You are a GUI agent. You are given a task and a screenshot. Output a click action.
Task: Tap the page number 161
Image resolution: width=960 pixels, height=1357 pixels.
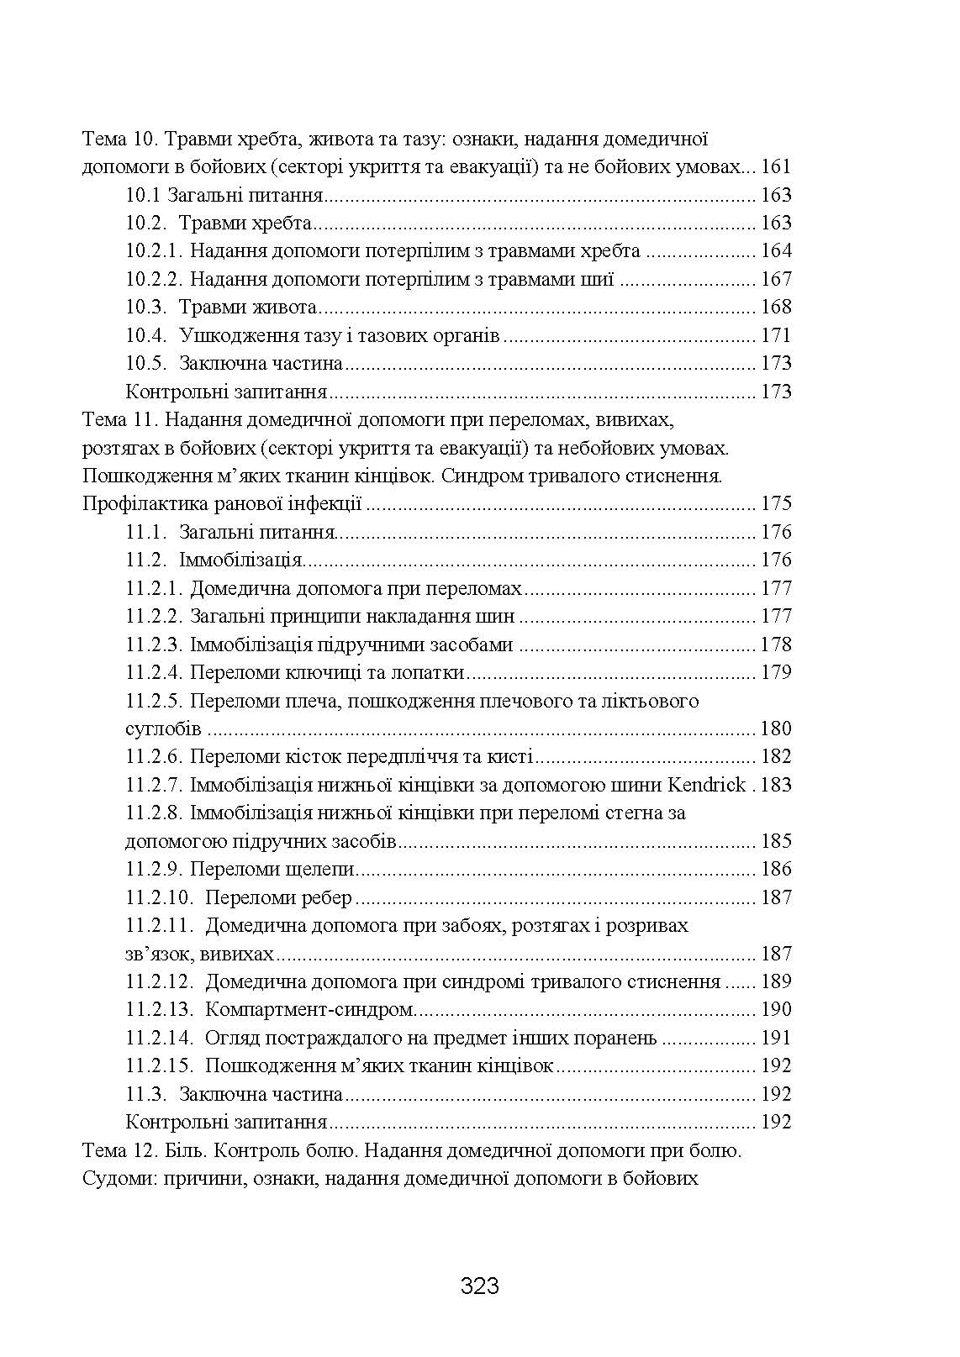[x=775, y=167]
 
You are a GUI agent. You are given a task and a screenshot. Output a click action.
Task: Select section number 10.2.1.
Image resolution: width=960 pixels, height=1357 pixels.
[x=154, y=251]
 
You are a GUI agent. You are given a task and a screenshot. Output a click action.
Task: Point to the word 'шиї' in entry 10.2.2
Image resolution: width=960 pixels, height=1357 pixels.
[x=603, y=279]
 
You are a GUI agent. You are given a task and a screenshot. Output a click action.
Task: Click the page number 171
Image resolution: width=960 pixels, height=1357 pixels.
[x=775, y=335]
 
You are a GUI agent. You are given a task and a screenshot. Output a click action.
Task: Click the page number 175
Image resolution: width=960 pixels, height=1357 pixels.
[x=775, y=504]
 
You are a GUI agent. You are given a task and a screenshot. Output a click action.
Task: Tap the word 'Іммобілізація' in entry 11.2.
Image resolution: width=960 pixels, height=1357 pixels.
[x=240, y=560]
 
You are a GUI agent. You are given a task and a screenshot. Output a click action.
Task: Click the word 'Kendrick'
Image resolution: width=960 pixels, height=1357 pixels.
[x=706, y=785]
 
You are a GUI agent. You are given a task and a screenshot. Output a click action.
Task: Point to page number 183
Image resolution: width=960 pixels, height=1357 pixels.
[x=775, y=785]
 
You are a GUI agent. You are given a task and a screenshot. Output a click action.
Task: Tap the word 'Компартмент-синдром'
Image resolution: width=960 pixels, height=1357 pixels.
[x=309, y=1009]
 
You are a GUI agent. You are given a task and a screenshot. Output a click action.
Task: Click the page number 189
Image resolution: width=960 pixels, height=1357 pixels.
[x=775, y=981]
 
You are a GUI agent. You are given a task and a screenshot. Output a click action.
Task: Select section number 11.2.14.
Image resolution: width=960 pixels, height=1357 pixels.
[x=160, y=1038]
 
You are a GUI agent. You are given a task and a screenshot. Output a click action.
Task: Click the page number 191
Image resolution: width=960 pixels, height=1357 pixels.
[x=775, y=1038]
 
